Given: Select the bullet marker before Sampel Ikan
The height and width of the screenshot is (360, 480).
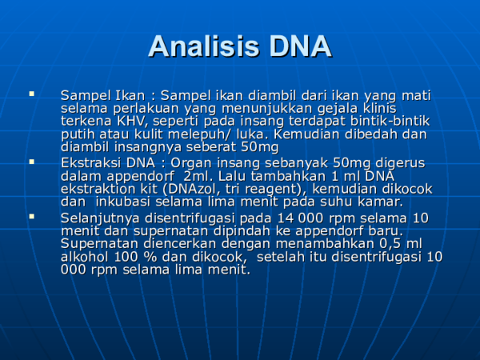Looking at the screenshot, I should (x=32, y=94).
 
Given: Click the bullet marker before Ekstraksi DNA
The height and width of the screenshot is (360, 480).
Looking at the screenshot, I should (x=32, y=162).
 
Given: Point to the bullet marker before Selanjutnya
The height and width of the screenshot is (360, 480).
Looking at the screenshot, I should (x=32, y=216).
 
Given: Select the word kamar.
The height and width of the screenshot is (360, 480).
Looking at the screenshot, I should (x=378, y=202).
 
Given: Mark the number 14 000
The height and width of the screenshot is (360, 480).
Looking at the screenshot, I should (x=301, y=218).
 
